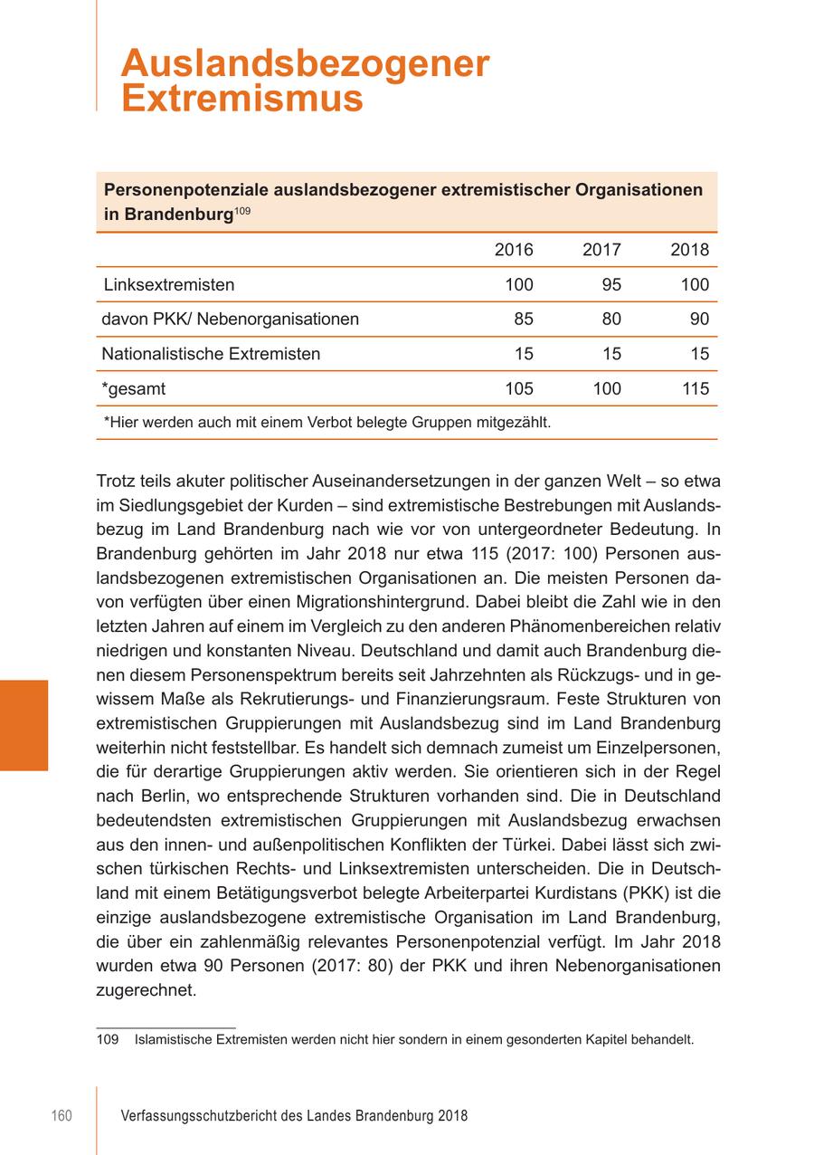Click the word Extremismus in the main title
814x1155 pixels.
click(242, 99)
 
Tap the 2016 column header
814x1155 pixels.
click(514, 251)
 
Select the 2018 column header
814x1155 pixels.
click(689, 251)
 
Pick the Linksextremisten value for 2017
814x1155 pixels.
click(611, 285)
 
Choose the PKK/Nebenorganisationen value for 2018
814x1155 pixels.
click(699, 320)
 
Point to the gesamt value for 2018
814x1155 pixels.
click(695, 389)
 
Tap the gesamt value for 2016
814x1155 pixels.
click(518, 389)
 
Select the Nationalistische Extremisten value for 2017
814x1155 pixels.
click(611, 354)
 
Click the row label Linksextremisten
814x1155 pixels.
click(168, 285)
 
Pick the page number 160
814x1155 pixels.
click(61, 1117)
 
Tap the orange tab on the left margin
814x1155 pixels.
click(24, 724)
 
